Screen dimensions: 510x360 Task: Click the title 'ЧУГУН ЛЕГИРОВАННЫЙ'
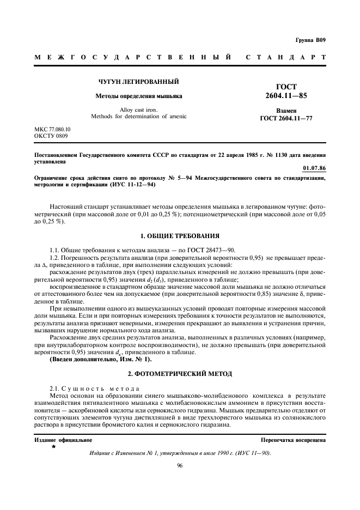[139, 82]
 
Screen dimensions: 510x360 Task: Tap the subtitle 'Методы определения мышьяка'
[139, 96]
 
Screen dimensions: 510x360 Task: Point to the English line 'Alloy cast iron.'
[139, 110]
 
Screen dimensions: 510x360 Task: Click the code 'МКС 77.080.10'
[53, 129]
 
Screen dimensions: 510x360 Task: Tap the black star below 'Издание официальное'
[53, 447]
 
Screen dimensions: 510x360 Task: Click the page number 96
[180, 465]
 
